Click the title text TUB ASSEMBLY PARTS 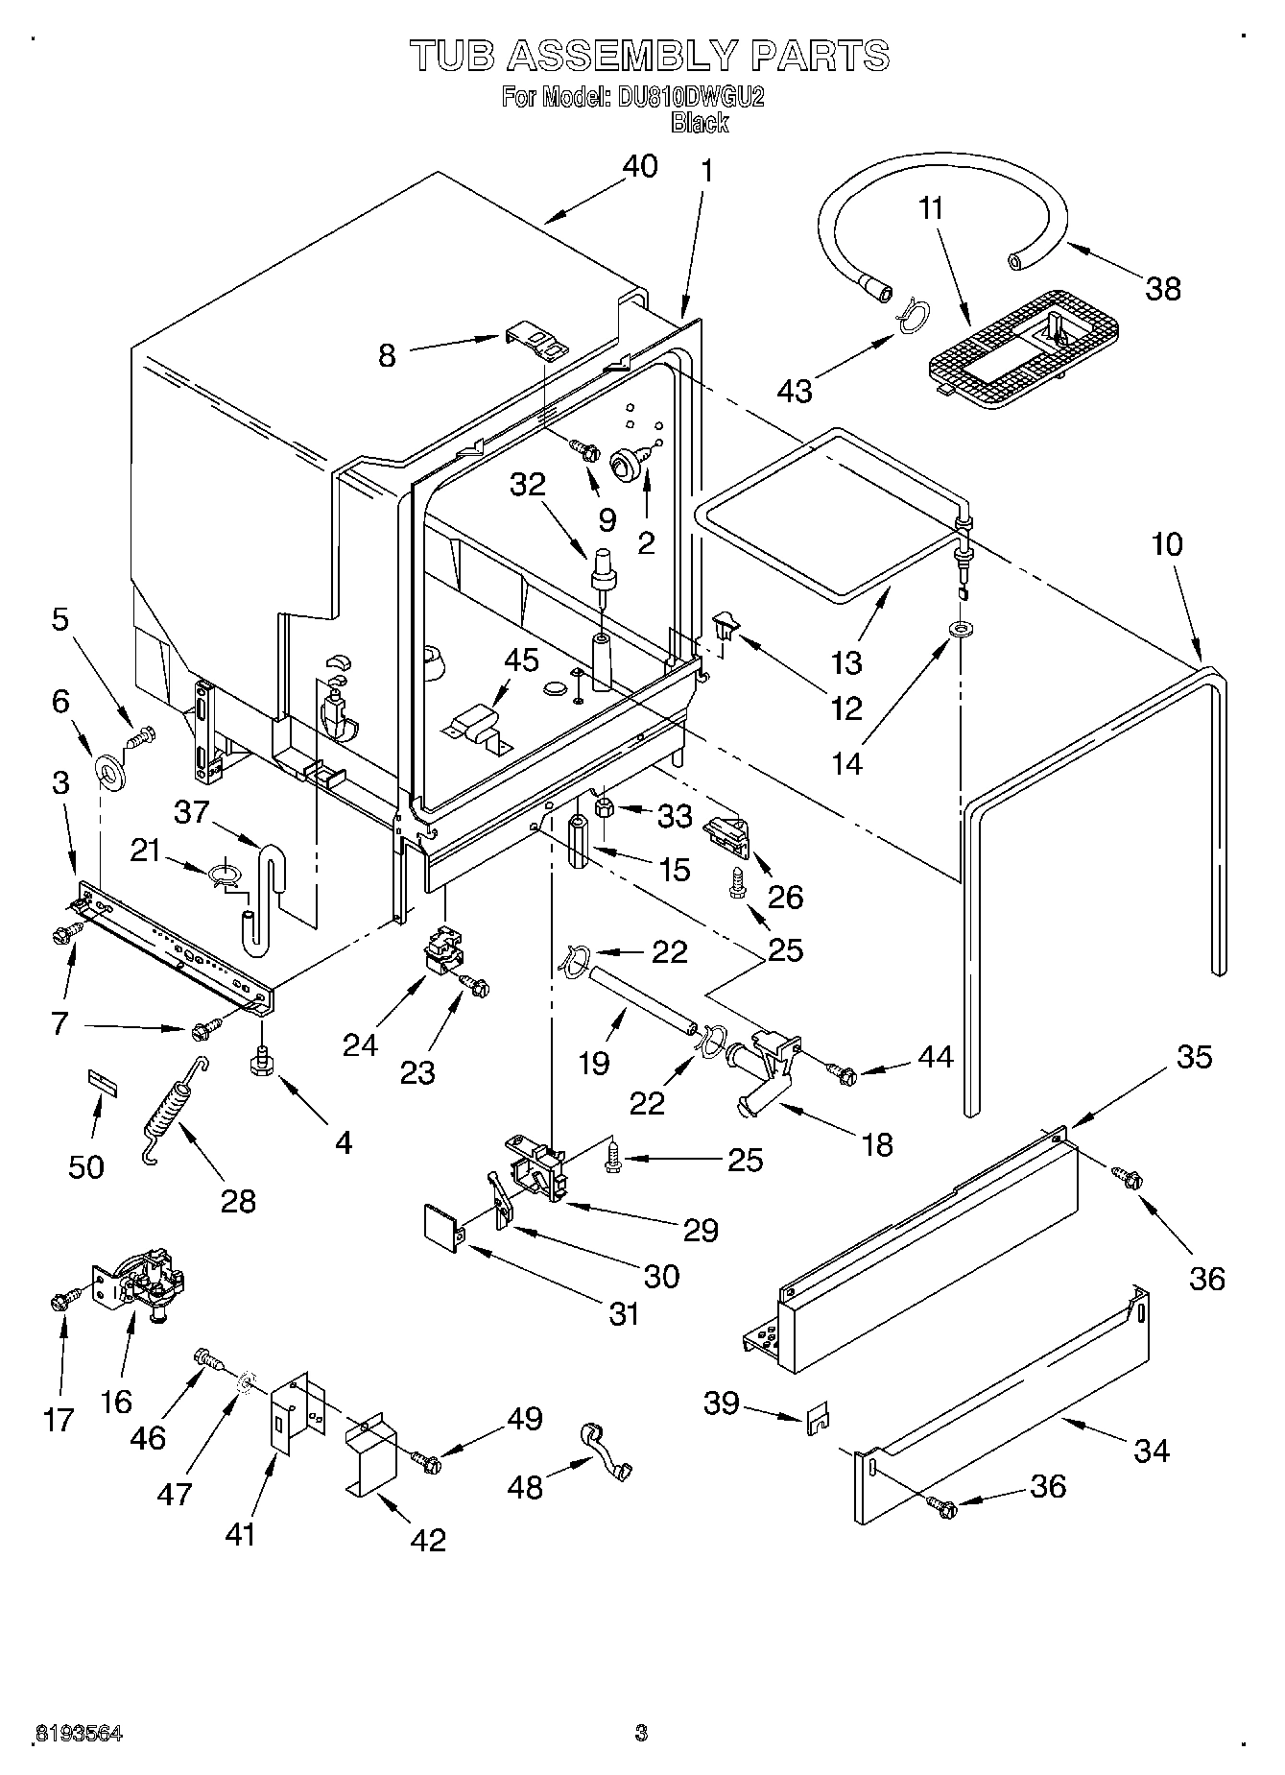[650, 56]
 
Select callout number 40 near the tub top [639, 166]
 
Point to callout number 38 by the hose [1163, 288]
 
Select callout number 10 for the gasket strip [1166, 544]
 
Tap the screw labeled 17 [60, 1302]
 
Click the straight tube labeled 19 [636, 999]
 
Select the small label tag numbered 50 [102, 1081]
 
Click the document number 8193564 [78, 1734]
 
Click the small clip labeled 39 [818, 1421]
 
